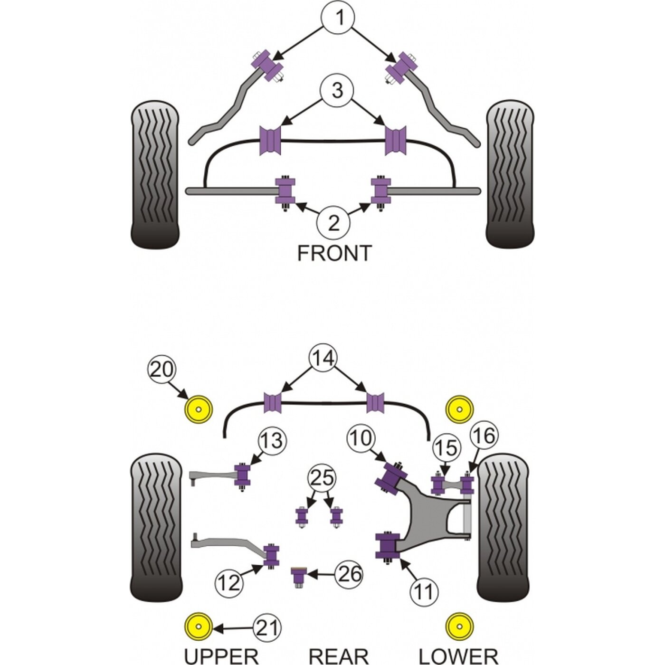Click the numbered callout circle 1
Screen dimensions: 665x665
point(339,17)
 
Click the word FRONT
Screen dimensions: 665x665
point(334,253)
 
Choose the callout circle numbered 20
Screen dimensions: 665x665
point(162,370)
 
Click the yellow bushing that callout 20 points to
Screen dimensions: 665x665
point(198,409)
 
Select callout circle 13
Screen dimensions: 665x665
point(272,441)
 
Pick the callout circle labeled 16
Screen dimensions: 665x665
point(484,436)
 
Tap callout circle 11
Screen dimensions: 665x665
point(424,592)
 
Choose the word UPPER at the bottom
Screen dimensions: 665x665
point(221,655)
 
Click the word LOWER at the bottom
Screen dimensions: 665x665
point(458,655)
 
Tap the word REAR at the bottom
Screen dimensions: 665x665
point(338,655)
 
